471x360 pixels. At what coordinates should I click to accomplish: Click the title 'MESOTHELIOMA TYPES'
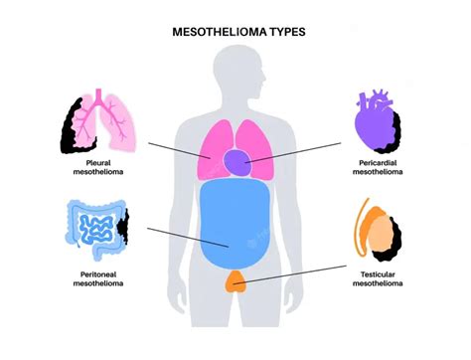(235, 32)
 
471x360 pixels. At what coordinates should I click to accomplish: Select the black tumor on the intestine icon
(125, 229)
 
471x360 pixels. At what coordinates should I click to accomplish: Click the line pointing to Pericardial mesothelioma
(298, 151)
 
